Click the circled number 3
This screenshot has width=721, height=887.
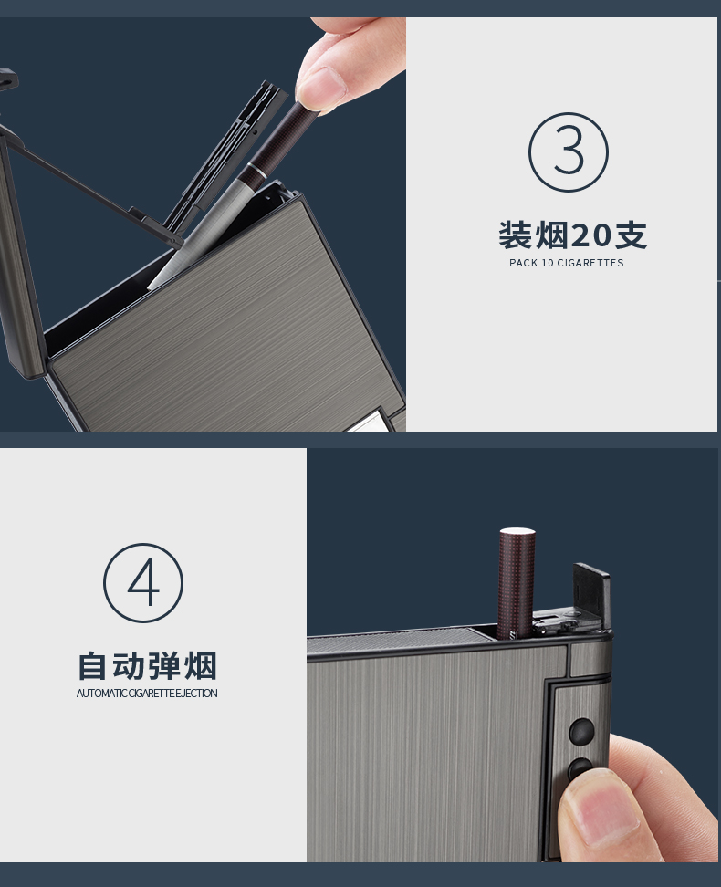(569, 152)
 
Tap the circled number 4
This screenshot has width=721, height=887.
(143, 582)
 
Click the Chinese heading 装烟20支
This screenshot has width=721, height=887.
(573, 235)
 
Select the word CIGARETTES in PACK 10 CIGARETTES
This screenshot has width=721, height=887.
(590, 263)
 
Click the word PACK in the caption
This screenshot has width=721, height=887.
(524, 263)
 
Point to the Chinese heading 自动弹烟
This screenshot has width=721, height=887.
(147, 666)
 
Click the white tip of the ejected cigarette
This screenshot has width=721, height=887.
(517, 531)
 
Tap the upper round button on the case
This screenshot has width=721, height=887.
(581, 731)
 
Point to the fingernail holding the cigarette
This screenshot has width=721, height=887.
(319, 88)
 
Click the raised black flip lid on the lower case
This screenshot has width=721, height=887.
(592, 596)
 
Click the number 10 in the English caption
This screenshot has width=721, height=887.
(548, 263)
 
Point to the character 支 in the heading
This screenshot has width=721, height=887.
(632, 235)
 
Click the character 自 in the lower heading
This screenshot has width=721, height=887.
(92, 666)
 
